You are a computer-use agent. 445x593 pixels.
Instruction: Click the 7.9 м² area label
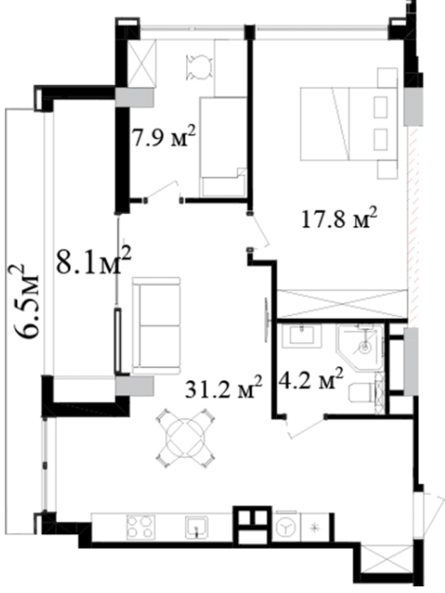click(163, 137)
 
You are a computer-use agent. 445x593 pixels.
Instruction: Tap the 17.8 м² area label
click(339, 218)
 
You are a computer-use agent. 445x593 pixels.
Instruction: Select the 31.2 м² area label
click(224, 388)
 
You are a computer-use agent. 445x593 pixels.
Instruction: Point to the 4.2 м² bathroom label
click(311, 379)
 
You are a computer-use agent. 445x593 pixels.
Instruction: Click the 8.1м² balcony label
click(94, 261)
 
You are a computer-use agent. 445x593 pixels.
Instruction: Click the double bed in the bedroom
click(349, 124)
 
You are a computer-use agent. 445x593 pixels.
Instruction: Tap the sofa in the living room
click(156, 325)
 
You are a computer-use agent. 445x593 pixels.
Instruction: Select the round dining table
click(185, 438)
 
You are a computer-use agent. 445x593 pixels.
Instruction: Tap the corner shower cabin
click(360, 346)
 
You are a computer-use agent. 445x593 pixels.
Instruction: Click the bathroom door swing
click(305, 427)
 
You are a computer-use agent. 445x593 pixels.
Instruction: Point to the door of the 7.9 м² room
click(163, 191)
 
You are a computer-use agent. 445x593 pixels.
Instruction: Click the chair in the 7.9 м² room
click(198, 67)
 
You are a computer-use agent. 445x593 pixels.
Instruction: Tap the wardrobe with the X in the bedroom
click(342, 304)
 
